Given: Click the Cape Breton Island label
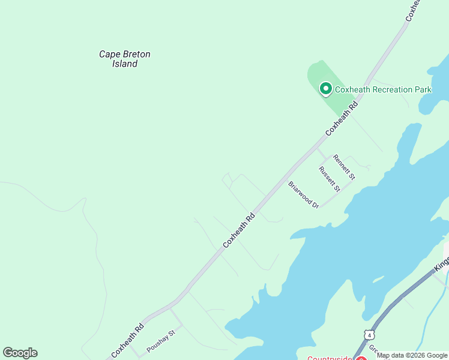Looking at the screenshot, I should pyautogui.click(x=125, y=59).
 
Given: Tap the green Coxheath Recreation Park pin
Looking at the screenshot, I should pyautogui.click(x=326, y=89).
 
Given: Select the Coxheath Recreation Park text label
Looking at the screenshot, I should pyautogui.click(x=383, y=90).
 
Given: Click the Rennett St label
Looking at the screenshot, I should pyautogui.click(x=345, y=167).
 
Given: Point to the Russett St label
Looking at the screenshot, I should pyautogui.click(x=330, y=179).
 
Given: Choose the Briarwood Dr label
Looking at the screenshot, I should pyautogui.click(x=303, y=195).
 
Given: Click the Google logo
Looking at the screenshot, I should pyautogui.click(x=20, y=353).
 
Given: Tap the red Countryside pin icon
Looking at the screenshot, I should pyautogui.click(x=361, y=358).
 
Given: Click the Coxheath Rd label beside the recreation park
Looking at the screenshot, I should pyautogui.click(x=342, y=118).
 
